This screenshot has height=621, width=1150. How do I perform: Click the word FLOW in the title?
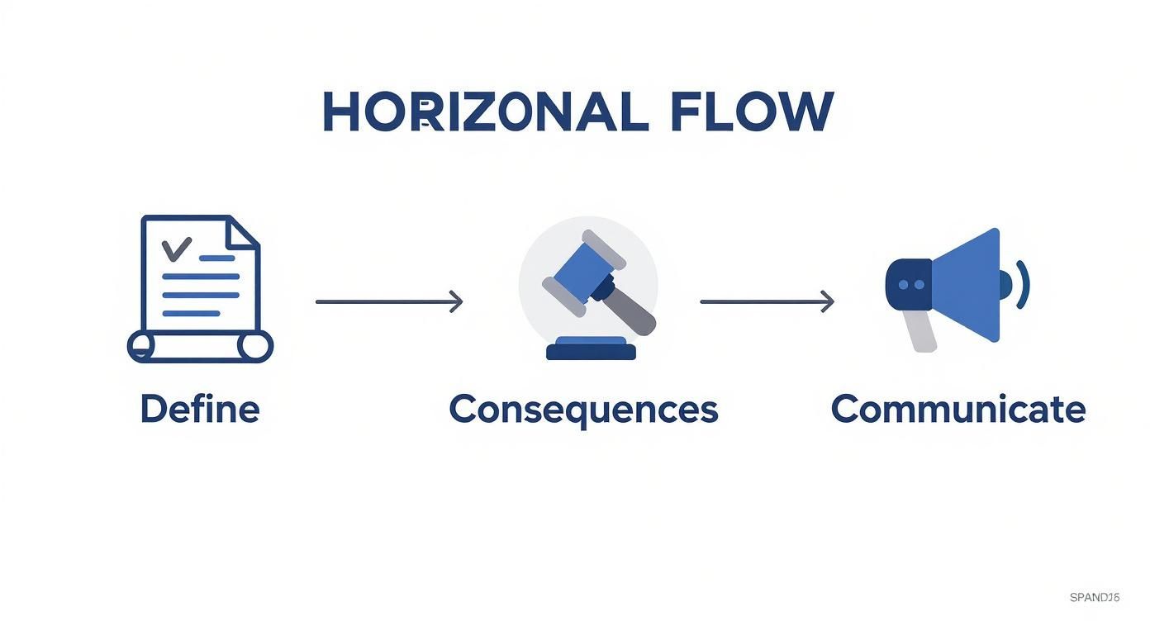pyautogui.click(x=751, y=112)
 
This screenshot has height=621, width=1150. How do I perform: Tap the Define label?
pyautogui.click(x=200, y=409)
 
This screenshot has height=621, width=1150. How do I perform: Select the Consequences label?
pyautogui.click(x=583, y=410)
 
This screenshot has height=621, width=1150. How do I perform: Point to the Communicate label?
pyautogui.click(x=958, y=409)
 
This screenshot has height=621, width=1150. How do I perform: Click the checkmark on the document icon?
pyautogui.click(x=176, y=247)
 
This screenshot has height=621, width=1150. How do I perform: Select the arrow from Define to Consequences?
pyautogui.click(x=388, y=301)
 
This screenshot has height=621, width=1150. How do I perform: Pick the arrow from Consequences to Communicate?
pyautogui.click(x=767, y=301)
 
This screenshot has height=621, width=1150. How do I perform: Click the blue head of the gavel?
pyautogui.click(x=582, y=266)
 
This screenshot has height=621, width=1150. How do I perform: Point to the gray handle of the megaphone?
pyautogui.click(x=920, y=330)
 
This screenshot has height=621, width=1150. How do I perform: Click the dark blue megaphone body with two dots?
pyautogui.click(x=908, y=284)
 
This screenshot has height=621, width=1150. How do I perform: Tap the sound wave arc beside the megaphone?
pyautogui.click(x=1024, y=284)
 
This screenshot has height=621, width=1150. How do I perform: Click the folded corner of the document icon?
pyautogui.click(x=245, y=233)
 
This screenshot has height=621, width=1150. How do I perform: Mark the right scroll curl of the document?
pyautogui.click(x=256, y=346)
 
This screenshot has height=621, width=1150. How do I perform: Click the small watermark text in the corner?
pyautogui.click(x=1094, y=597)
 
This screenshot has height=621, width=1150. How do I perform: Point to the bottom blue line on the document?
pyautogui.click(x=192, y=313)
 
